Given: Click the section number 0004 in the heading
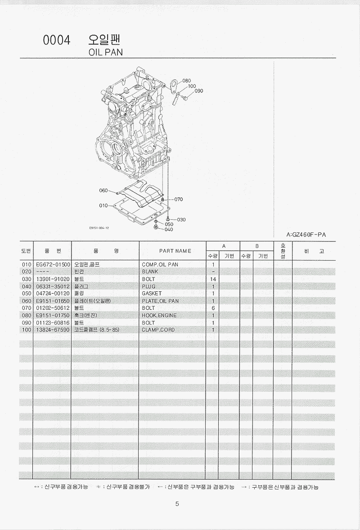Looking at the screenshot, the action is coord(57,40).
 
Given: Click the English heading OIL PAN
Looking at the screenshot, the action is coord(105,52).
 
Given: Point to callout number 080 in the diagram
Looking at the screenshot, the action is coord(186,81).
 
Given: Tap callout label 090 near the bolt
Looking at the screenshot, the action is coord(199,91).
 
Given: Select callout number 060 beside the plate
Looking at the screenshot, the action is coord(103,190).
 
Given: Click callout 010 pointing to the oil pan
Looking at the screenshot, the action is coord(103,205).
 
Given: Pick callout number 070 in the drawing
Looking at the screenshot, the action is coord(179,199).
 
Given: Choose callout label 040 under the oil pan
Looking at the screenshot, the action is coord(169,230).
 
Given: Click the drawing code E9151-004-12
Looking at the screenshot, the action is coord(99,228).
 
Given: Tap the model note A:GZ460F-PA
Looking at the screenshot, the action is coord(306,235).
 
